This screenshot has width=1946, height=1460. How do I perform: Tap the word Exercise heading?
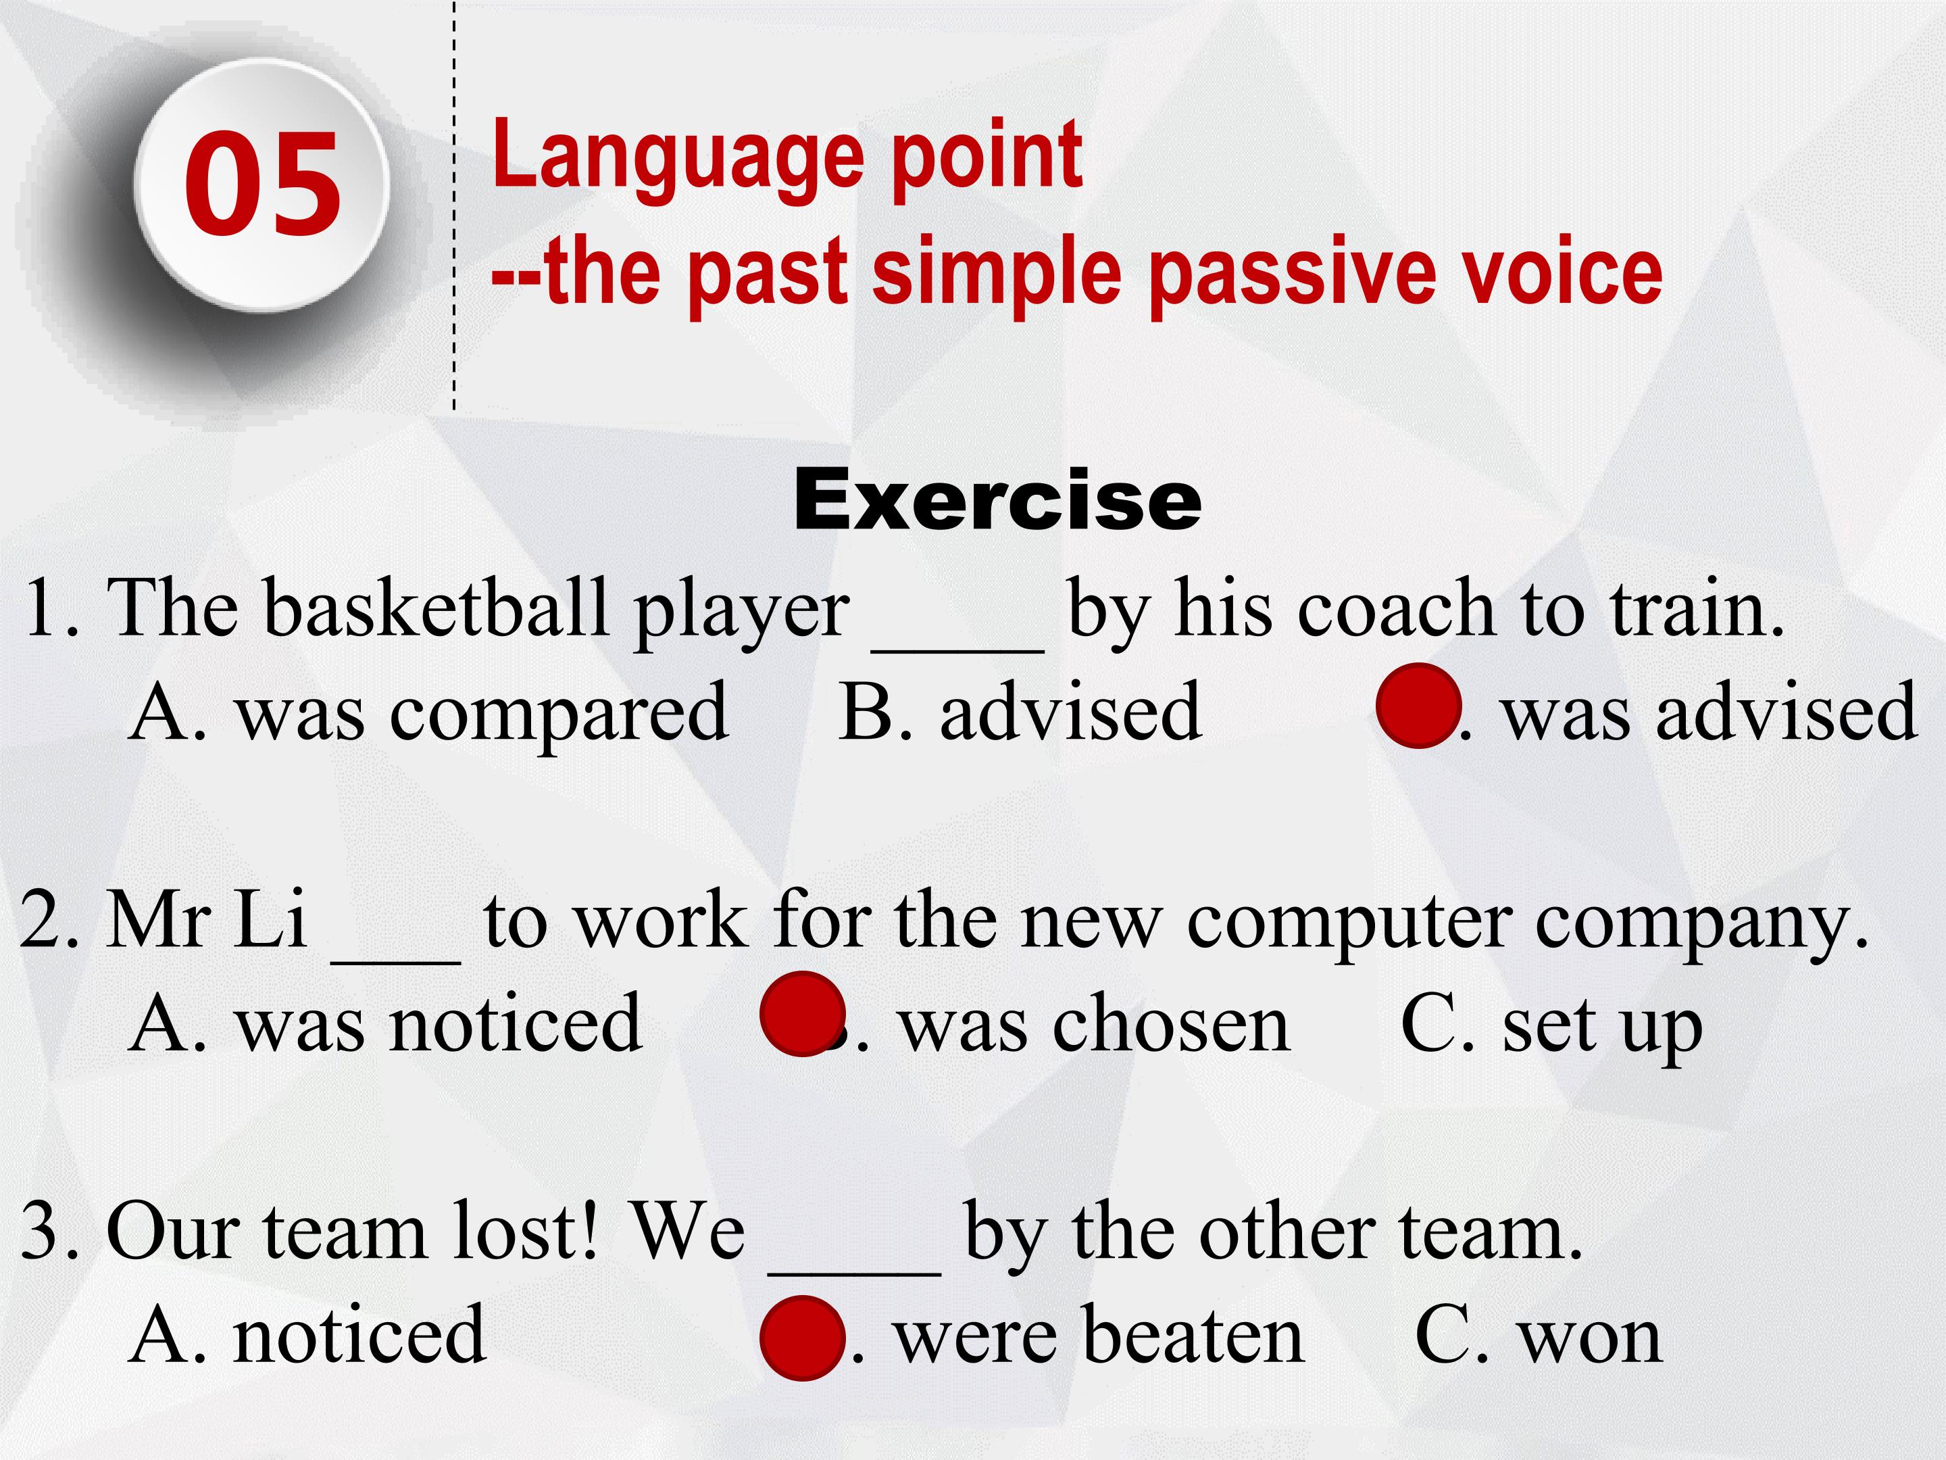(997, 500)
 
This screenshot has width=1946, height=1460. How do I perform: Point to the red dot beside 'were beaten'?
(802, 1338)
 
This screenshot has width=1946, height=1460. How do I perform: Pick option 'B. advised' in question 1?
(1020, 711)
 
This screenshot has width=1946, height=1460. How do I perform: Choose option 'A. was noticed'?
(385, 1023)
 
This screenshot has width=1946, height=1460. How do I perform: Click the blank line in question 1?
(958, 650)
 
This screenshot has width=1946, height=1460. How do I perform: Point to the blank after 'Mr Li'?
(396, 962)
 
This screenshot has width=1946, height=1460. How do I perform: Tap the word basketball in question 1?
(437, 606)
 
